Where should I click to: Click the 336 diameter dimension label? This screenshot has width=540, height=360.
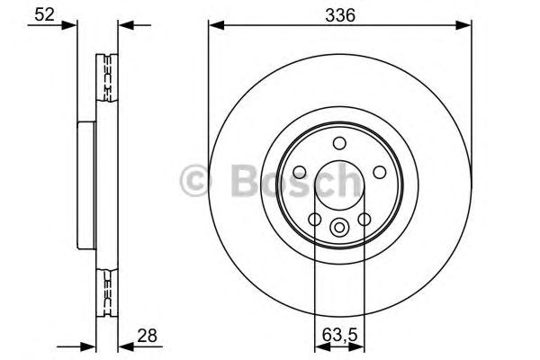339,15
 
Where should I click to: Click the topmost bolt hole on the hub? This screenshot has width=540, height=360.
339,143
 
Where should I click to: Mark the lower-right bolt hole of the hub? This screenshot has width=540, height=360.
364,220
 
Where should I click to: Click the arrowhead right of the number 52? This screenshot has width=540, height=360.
72,25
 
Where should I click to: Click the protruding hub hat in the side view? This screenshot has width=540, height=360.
85,184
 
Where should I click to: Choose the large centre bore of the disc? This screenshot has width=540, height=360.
339,184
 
